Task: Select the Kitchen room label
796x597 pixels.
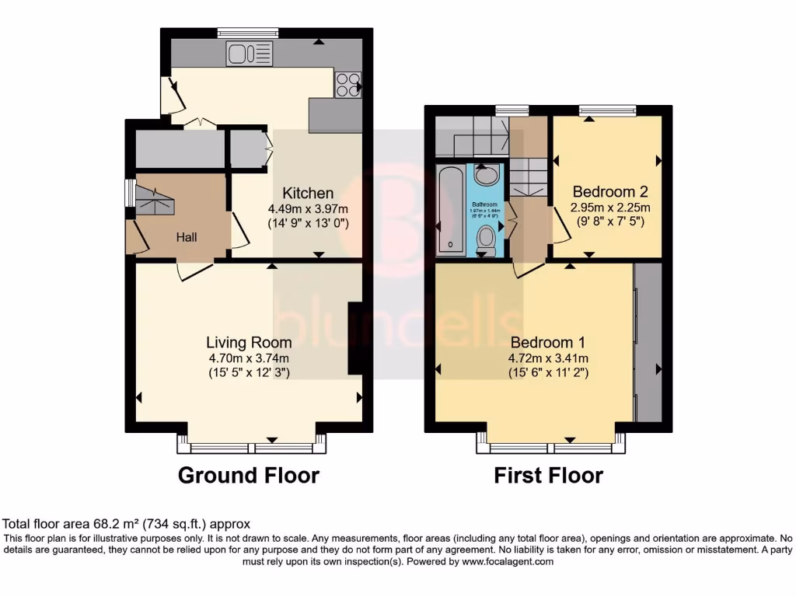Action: tap(308, 193)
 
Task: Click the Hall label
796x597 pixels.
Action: tap(186, 236)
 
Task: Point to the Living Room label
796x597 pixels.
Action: tap(249, 342)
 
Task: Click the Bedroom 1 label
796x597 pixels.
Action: tap(547, 342)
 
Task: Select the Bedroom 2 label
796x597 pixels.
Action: tap(610, 191)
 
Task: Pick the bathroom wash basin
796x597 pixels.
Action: tap(487, 175)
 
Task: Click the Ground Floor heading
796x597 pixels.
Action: tap(249, 475)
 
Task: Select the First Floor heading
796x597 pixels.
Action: tap(548, 475)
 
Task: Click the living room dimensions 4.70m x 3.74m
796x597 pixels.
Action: tap(249, 358)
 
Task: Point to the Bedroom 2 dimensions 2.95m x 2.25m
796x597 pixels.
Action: tap(610, 208)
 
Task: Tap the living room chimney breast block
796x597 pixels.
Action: tap(355, 338)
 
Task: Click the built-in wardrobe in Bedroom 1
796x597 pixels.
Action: tap(648, 342)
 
